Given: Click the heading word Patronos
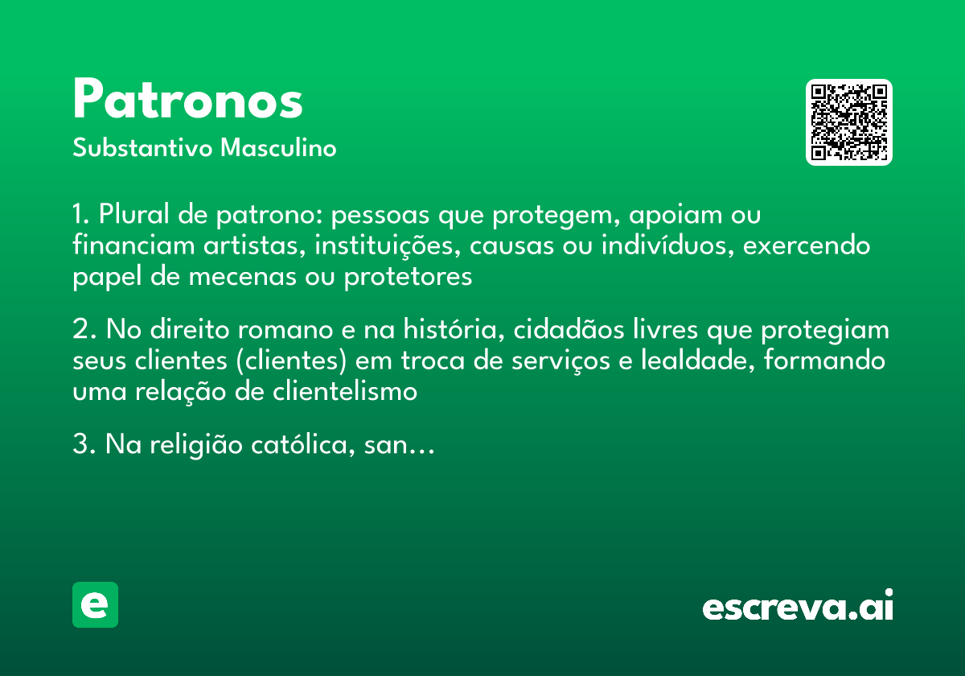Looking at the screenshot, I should coord(187,101).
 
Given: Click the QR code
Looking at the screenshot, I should coord(849,122).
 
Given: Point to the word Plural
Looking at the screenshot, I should coord(133,216).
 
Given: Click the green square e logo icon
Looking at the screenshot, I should coord(95,605).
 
